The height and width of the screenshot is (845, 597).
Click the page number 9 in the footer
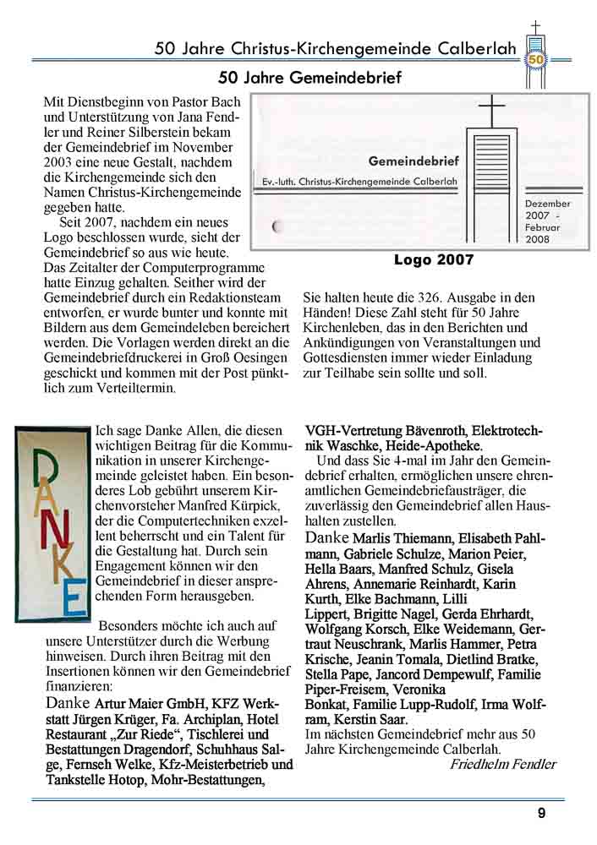coord(541,813)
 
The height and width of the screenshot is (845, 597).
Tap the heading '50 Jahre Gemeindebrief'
coord(309,78)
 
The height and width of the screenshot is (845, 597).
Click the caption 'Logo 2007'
coord(434,259)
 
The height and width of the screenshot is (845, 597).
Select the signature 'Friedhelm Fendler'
coord(503,764)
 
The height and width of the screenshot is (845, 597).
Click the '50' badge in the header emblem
coord(536,59)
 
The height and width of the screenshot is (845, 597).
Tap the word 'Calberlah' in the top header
coord(477,49)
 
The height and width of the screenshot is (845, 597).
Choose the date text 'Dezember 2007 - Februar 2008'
coord(547,221)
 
